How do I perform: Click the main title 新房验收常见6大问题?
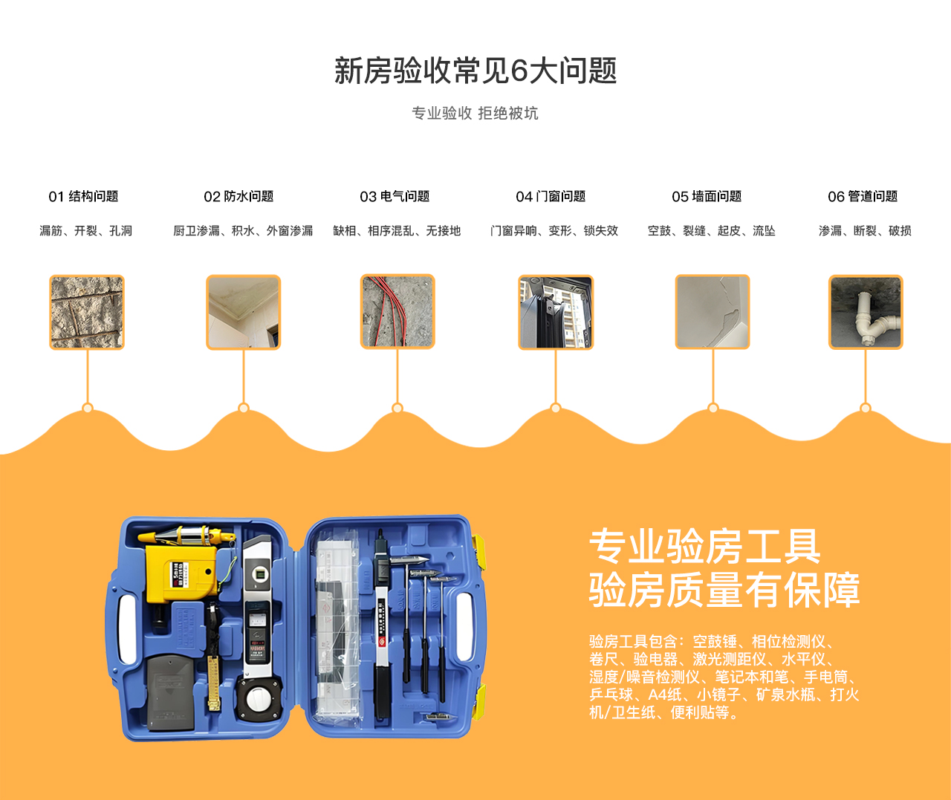(475, 71)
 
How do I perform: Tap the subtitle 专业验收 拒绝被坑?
(475, 113)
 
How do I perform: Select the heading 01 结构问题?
(83, 196)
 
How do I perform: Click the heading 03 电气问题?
(395, 196)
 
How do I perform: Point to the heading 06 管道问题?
(863, 196)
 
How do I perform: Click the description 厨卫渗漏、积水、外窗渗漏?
(243, 231)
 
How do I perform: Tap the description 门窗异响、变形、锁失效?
(554, 231)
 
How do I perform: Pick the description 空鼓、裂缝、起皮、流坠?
(712, 231)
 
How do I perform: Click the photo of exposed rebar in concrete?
(86, 313)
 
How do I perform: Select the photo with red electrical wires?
(397, 311)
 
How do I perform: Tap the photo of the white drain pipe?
(866, 313)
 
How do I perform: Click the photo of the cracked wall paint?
(713, 312)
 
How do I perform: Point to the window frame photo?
(556, 313)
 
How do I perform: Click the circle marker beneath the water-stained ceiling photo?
(244, 408)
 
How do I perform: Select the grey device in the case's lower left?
(170, 691)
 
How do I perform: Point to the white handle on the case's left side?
(127, 629)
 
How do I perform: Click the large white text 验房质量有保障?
(724, 591)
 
